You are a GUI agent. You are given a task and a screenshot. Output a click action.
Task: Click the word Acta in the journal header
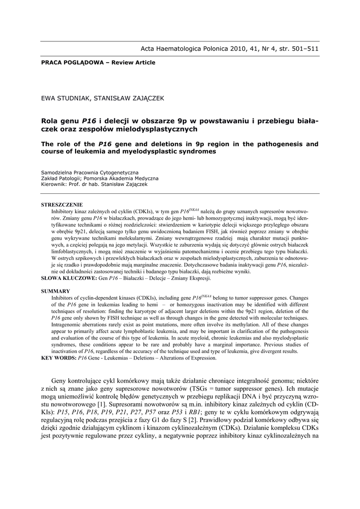pyautogui.click(x=149, y=49)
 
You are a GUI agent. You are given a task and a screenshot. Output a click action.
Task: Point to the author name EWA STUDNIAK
pyautogui.click(x=65, y=98)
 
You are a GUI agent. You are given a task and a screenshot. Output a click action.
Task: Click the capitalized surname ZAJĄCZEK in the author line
pyautogui.click(x=145, y=98)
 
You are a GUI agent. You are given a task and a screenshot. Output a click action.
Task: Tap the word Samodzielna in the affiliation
pyautogui.click(x=57, y=172)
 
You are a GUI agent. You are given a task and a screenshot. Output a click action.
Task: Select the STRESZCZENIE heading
pyautogui.click(x=62, y=205)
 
